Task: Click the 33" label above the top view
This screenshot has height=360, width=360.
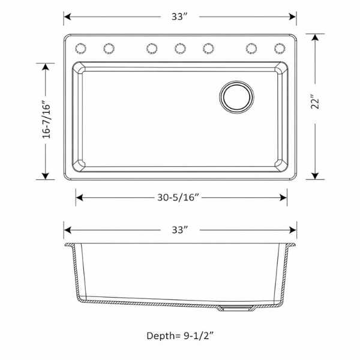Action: click(x=180, y=17)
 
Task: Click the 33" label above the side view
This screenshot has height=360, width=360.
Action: click(x=180, y=230)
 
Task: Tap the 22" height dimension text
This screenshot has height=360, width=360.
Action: click(x=315, y=101)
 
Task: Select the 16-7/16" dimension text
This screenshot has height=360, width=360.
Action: click(x=46, y=119)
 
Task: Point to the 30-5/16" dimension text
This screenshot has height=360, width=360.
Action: click(x=178, y=197)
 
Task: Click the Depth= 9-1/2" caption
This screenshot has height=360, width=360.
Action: click(x=180, y=336)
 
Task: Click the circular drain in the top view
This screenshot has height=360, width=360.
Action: click(x=237, y=97)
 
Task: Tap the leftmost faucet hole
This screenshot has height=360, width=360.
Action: click(x=81, y=49)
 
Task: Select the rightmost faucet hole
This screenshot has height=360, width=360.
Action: click(x=280, y=49)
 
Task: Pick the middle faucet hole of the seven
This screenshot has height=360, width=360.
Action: click(x=180, y=49)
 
